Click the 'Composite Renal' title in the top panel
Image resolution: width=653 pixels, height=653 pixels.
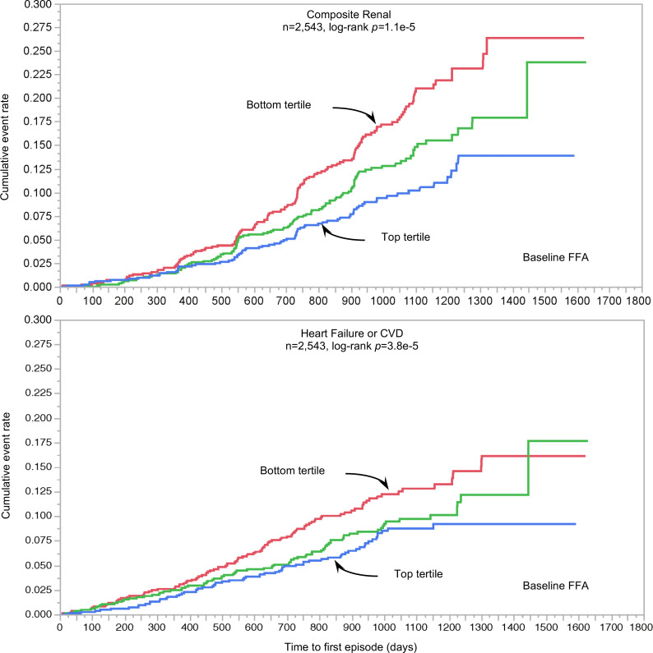[349, 15]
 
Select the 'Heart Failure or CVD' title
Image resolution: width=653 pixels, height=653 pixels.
[352, 333]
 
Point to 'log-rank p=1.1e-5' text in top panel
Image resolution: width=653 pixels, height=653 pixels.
[372, 27]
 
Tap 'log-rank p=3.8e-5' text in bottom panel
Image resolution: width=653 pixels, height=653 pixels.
[375, 346]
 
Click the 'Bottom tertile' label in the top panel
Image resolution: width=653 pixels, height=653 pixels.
[279, 104]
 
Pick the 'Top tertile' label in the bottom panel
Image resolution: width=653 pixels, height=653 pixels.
[419, 574]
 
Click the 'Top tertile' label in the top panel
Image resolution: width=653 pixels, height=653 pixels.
[405, 237]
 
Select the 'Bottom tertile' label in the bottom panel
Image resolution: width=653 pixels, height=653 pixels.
[292, 471]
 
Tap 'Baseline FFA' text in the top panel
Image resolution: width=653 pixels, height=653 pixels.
[555, 257]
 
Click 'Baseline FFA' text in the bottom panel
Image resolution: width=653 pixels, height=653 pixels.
[555, 586]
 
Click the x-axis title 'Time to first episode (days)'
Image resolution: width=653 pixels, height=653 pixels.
[350, 646]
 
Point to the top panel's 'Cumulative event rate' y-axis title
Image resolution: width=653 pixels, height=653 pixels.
[5, 147]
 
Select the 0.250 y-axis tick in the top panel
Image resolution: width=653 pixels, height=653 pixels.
[39, 51]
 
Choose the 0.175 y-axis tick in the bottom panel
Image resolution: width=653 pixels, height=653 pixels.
[39, 442]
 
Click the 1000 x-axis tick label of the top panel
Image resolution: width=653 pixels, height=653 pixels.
[382, 301]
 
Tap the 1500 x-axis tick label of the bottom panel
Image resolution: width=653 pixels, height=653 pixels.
[545, 628]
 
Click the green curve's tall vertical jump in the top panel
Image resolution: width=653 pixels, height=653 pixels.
[527, 90]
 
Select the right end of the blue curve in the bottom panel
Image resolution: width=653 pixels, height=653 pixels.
[576, 524]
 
